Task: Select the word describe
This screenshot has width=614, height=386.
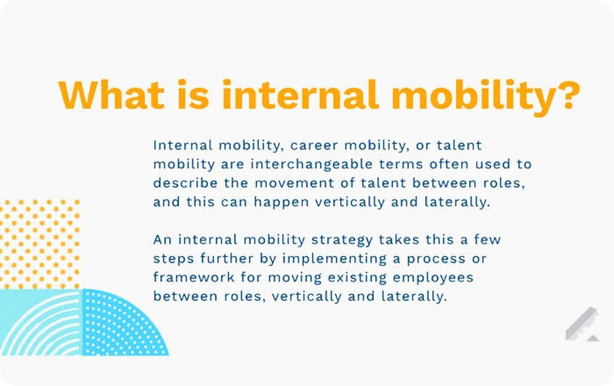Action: [185, 183]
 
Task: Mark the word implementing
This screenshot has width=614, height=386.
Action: [334, 259]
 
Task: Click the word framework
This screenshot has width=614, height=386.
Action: [194, 278]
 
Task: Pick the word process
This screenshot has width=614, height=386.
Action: [436, 259]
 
